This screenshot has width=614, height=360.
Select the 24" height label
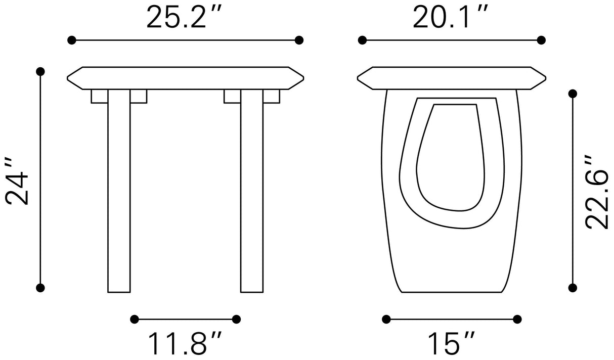(17, 181)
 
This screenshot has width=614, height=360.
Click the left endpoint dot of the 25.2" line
(71, 40)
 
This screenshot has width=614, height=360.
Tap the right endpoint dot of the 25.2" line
(299, 40)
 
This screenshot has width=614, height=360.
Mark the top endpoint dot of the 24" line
(40, 71)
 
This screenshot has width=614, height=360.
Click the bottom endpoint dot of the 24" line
(40, 288)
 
